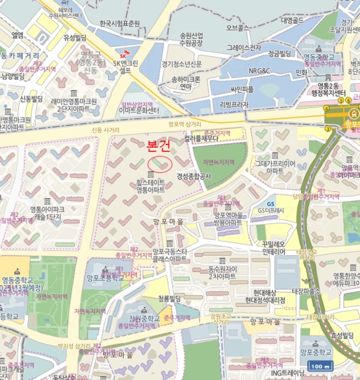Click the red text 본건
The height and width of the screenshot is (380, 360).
coord(159,145)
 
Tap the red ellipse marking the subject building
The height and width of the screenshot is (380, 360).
coord(160,163)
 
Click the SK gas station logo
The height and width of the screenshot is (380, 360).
coord(123,54)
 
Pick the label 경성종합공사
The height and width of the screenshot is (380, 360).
coord(193,176)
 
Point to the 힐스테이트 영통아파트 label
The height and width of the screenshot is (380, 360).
coord(150,187)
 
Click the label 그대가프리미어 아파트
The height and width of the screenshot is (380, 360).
coord(274,166)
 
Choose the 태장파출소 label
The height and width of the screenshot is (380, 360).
coord(307,291)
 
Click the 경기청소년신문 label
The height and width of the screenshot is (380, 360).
coord(182,64)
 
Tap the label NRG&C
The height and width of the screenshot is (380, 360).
coord(259,71)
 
